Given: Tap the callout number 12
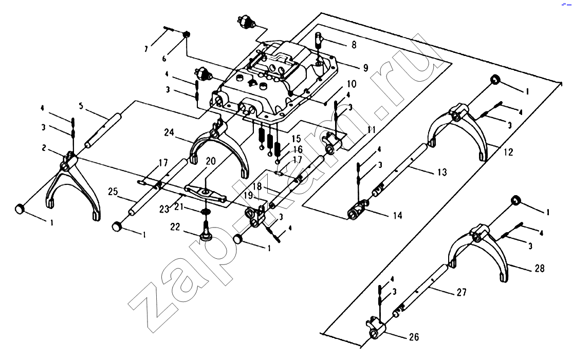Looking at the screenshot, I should [508, 153].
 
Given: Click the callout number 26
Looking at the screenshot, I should [414, 337].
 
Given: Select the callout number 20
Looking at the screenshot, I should [210, 161].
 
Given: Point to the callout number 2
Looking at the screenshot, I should [46, 147].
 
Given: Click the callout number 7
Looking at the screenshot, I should [146, 49].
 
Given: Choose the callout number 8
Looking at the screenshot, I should [354, 45].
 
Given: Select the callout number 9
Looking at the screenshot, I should [365, 67].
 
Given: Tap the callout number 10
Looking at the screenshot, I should [352, 83].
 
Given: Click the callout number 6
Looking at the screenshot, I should [164, 59].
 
